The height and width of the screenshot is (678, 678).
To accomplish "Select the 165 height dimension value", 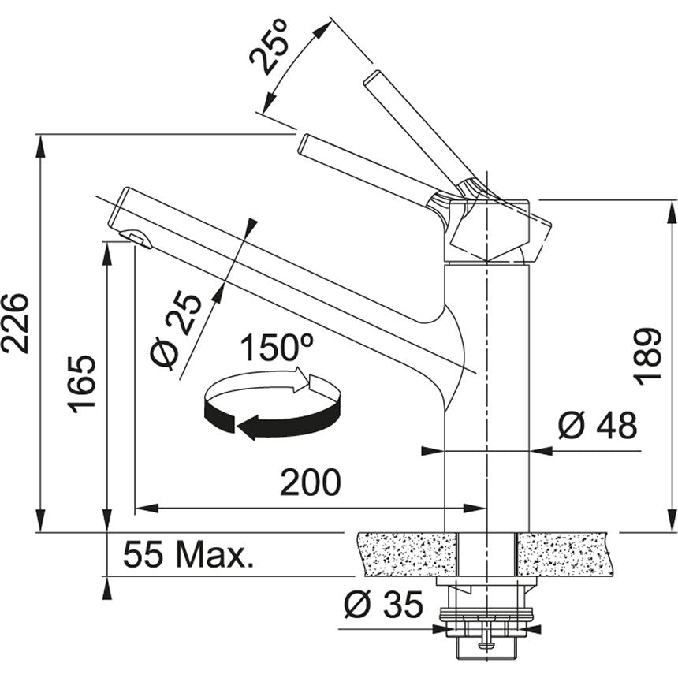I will coord(82,383).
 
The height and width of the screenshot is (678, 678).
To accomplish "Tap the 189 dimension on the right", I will coord(647,355).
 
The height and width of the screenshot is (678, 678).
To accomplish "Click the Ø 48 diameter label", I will coord(597,427).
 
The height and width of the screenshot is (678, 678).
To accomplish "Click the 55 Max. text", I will coord(189,557).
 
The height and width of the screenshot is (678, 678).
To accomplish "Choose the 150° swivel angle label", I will coord(277,348).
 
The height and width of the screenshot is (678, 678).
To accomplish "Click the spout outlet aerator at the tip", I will coord(136,237).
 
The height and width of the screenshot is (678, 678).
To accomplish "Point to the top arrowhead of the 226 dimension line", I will coord(39,142).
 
